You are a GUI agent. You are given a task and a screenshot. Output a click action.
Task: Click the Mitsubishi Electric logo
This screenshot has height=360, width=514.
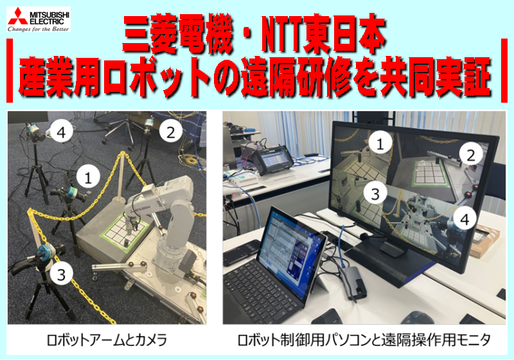tap(39, 20)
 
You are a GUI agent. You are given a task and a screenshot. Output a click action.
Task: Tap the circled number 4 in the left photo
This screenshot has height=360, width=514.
tap(61, 132)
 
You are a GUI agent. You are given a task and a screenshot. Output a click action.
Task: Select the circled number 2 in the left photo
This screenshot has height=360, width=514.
tap(170, 132)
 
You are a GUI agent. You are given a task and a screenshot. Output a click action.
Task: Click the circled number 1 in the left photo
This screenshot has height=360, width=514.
tap(88, 177)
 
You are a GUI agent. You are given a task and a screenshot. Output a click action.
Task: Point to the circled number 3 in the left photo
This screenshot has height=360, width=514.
tap(61, 274)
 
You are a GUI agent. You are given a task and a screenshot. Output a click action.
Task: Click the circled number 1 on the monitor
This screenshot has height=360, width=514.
tap(380, 143)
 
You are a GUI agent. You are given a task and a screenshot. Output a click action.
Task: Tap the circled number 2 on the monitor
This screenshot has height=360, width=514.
tap(471, 156)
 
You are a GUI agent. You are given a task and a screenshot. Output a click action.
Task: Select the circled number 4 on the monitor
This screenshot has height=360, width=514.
tap(465, 219)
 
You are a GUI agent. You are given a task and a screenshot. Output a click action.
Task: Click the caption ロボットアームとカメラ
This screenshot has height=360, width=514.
tap(107, 340)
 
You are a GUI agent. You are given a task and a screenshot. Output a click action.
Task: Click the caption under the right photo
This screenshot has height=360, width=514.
tap(364, 340)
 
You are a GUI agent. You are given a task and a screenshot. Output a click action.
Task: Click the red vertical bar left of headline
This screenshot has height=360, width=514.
tap(10, 71)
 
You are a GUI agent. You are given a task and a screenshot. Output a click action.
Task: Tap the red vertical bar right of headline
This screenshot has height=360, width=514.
tap(504, 71)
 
